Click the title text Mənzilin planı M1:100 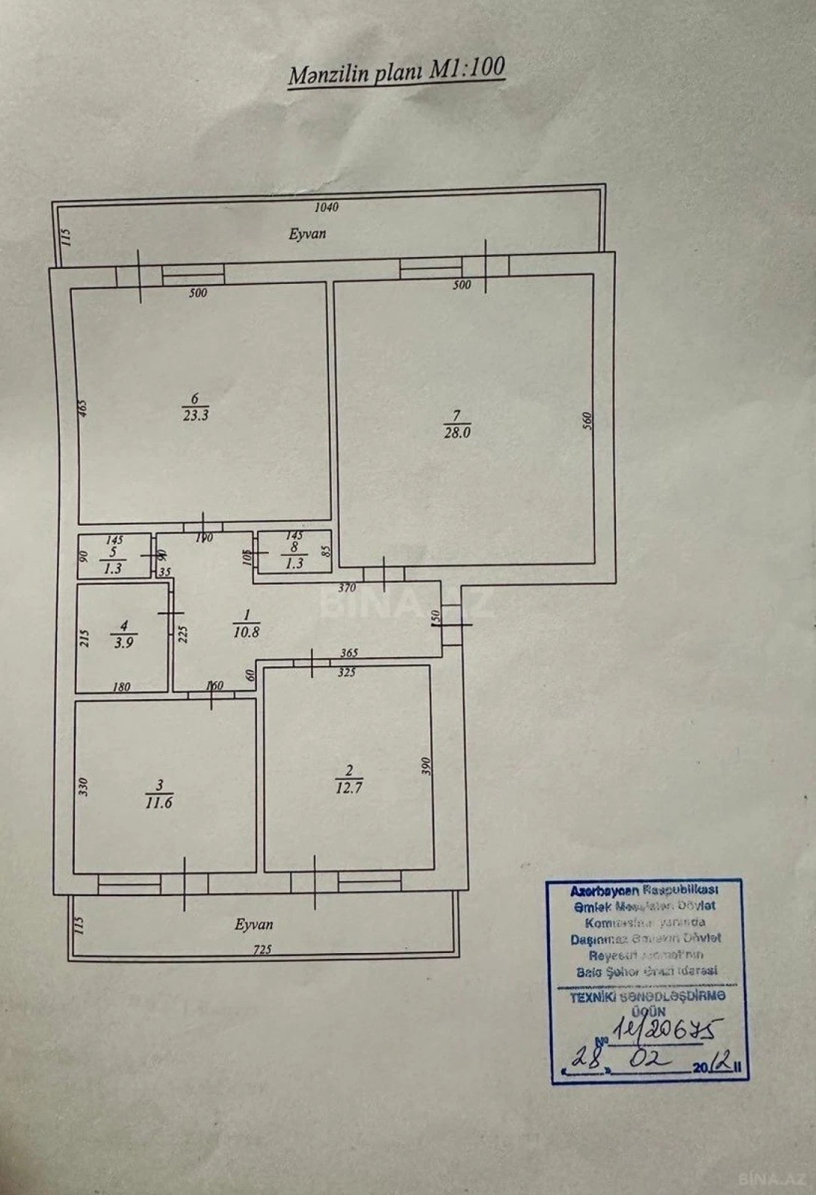coord(396,72)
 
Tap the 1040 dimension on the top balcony coord(327,207)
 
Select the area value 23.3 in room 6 coord(196,415)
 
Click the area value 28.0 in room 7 coord(457,432)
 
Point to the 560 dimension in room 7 coord(587,420)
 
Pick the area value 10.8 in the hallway coord(247,632)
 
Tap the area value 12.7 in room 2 coord(349,787)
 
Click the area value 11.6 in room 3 coord(159,803)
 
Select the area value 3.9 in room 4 coord(123,642)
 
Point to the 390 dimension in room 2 coord(426,766)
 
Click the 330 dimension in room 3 coord(84,786)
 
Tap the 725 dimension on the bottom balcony coord(262,950)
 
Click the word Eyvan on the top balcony coord(307,234)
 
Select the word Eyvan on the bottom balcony coord(253,925)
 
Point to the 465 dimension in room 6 coord(84,408)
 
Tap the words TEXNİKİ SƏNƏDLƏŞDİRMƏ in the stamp coord(647,997)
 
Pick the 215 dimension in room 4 coord(84,639)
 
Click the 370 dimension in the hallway coord(347,588)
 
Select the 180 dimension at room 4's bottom coord(121,687)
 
